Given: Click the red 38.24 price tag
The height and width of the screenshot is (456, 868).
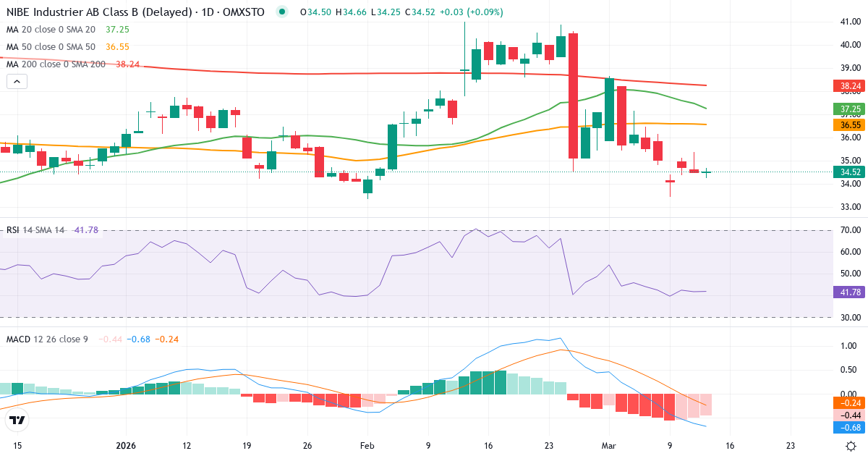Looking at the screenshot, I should (x=850, y=86).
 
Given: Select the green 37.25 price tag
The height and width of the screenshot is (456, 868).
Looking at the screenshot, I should (x=850, y=109).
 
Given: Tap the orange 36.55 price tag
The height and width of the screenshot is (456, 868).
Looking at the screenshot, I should (x=850, y=124).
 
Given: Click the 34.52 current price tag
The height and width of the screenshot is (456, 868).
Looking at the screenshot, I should (x=850, y=172).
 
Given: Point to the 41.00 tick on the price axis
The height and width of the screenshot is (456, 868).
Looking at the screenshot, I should (x=850, y=22).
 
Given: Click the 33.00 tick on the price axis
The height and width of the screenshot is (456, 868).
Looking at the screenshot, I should (x=850, y=207).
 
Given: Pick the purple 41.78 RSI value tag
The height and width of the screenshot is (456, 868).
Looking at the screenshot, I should (x=850, y=292).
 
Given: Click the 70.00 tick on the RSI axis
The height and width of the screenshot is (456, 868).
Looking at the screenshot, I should (x=850, y=230).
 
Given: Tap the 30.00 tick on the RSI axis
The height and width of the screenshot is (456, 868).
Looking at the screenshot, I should (x=850, y=318).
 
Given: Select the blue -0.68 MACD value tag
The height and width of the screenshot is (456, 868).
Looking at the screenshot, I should (x=850, y=427).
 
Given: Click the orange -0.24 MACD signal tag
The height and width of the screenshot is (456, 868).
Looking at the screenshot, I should (x=850, y=402).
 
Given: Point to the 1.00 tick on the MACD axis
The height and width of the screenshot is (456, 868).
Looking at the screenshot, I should (x=850, y=346).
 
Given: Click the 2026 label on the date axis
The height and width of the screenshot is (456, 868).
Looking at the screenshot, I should (x=125, y=446).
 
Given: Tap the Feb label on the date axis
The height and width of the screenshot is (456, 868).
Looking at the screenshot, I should (x=368, y=446).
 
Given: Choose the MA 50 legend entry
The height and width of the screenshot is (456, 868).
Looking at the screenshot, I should (x=51, y=46).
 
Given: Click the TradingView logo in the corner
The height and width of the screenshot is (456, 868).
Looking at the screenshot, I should (x=17, y=421).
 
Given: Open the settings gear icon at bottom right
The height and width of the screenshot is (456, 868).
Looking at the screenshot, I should (x=851, y=446).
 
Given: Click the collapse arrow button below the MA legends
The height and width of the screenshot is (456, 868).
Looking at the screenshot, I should (x=17, y=81).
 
